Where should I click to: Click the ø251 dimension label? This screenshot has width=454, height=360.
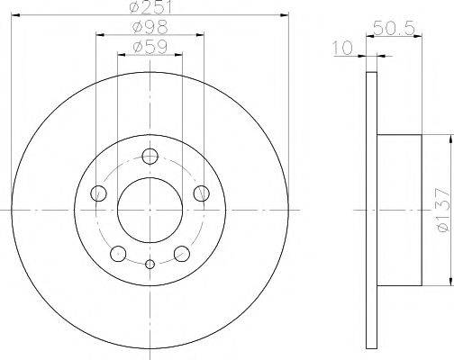click(x=150, y=8)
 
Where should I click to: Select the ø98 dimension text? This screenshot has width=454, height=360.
click(x=150, y=27)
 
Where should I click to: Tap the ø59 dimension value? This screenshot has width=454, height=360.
click(x=150, y=46)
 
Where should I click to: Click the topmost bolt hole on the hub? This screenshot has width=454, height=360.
click(x=150, y=157)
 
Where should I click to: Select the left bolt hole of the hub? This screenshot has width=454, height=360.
click(x=98, y=193)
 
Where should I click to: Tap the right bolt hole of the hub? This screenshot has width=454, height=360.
click(x=202, y=193)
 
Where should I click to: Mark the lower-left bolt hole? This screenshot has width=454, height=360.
click(x=118, y=253)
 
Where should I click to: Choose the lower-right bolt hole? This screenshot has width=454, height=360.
click(x=181, y=253)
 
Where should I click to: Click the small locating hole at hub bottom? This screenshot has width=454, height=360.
click(x=150, y=263)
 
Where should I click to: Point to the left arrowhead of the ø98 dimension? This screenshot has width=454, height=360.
click(x=97, y=34)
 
